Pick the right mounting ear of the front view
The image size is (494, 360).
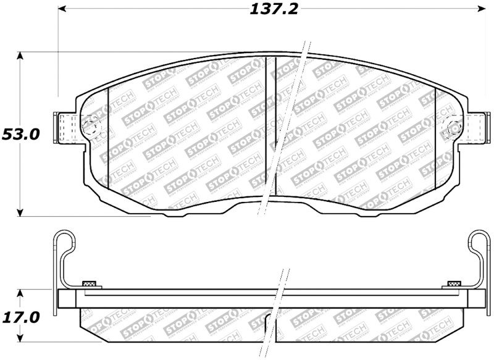click(475, 127)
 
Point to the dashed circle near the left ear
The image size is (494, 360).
click(90, 128)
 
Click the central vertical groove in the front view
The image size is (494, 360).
click(266, 123)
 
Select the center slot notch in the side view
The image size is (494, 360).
click(270, 320)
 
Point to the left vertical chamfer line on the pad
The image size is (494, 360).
click(109, 136)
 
